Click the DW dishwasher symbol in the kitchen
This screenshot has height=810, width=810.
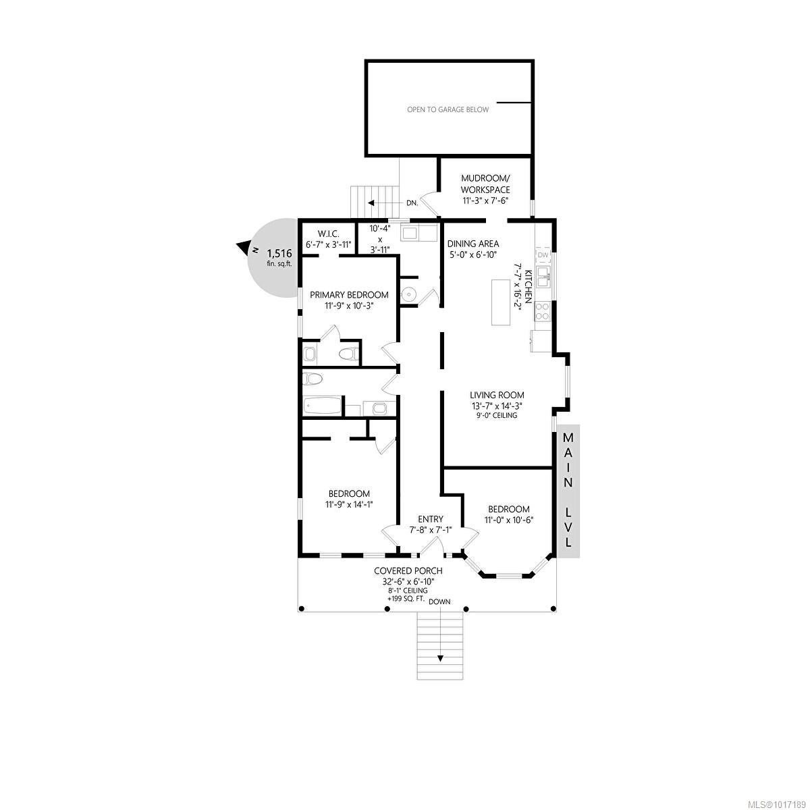[x=543, y=254]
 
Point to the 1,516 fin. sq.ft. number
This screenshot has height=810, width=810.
[x=279, y=253]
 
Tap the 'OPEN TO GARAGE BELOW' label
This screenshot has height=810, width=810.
[x=448, y=110]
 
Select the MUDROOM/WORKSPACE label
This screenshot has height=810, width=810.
[x=485, y=184]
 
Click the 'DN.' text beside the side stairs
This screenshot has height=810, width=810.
[x=412, y=203]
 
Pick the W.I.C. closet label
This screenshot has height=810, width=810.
[x=328, y=234]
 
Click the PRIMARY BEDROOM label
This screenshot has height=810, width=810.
[x=349, y=295]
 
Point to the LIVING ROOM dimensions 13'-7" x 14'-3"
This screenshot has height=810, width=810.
[x=497, y=406]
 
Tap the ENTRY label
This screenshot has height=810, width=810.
[x=430, y=519]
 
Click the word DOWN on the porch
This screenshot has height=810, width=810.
[x=439, y=601]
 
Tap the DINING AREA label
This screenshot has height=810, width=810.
[x=473, y=244]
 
